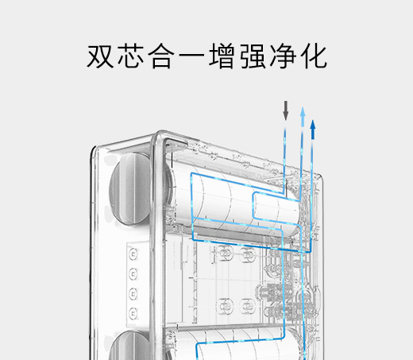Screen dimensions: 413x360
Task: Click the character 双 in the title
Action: pos(100,56)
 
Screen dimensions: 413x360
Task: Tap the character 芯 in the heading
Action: pos(131,56)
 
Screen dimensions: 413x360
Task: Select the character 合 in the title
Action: pos(161,56)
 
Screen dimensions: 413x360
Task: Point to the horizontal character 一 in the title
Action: pos(192,57)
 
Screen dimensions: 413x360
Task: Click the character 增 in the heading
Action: pos(222,56)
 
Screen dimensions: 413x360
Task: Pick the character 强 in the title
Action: pos(253,56)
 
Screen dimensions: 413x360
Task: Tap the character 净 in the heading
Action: pos(284,56)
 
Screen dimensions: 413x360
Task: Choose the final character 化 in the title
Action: pos(314,56)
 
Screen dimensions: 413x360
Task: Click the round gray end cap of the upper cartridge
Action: pos(129,189)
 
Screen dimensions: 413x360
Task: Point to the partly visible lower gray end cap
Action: pos(129,346)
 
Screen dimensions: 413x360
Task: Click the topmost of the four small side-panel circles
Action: pos(133,254)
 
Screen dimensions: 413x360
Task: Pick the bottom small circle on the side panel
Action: pos(133,313)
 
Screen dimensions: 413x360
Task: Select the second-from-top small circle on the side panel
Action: pos(133,274)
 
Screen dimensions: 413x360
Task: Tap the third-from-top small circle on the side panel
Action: pos(133,294)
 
